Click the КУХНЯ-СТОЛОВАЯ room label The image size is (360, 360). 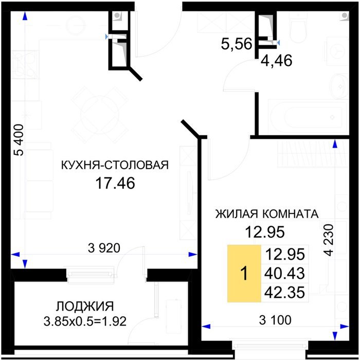tap(115, 165)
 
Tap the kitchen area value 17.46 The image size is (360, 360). tap(115, 183)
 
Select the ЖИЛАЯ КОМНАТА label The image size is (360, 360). tap(267, 214)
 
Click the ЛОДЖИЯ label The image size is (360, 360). tap(85, 307)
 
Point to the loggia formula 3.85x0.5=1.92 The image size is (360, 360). tap(85, 321)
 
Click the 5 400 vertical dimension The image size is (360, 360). tap(19, 140)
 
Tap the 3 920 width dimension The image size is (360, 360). tap(104, 248)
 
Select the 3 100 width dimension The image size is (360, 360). tap(275, 320)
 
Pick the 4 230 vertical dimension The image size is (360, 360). tap(328, 240)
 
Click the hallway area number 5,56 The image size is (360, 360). tap(237, 44)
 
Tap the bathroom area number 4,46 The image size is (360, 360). tap(277, 61)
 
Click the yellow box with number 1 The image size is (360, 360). tap(244, 274)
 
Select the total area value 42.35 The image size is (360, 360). tap(285, 293)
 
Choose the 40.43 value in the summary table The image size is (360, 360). tap(285, 273)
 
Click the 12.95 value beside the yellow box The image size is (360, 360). tap(285, 254)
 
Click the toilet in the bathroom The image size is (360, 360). tap(298, 28)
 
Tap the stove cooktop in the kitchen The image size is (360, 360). tap(25, 64)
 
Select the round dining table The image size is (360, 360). tap(100, 115)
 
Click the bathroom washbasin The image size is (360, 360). tap(340, 86)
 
